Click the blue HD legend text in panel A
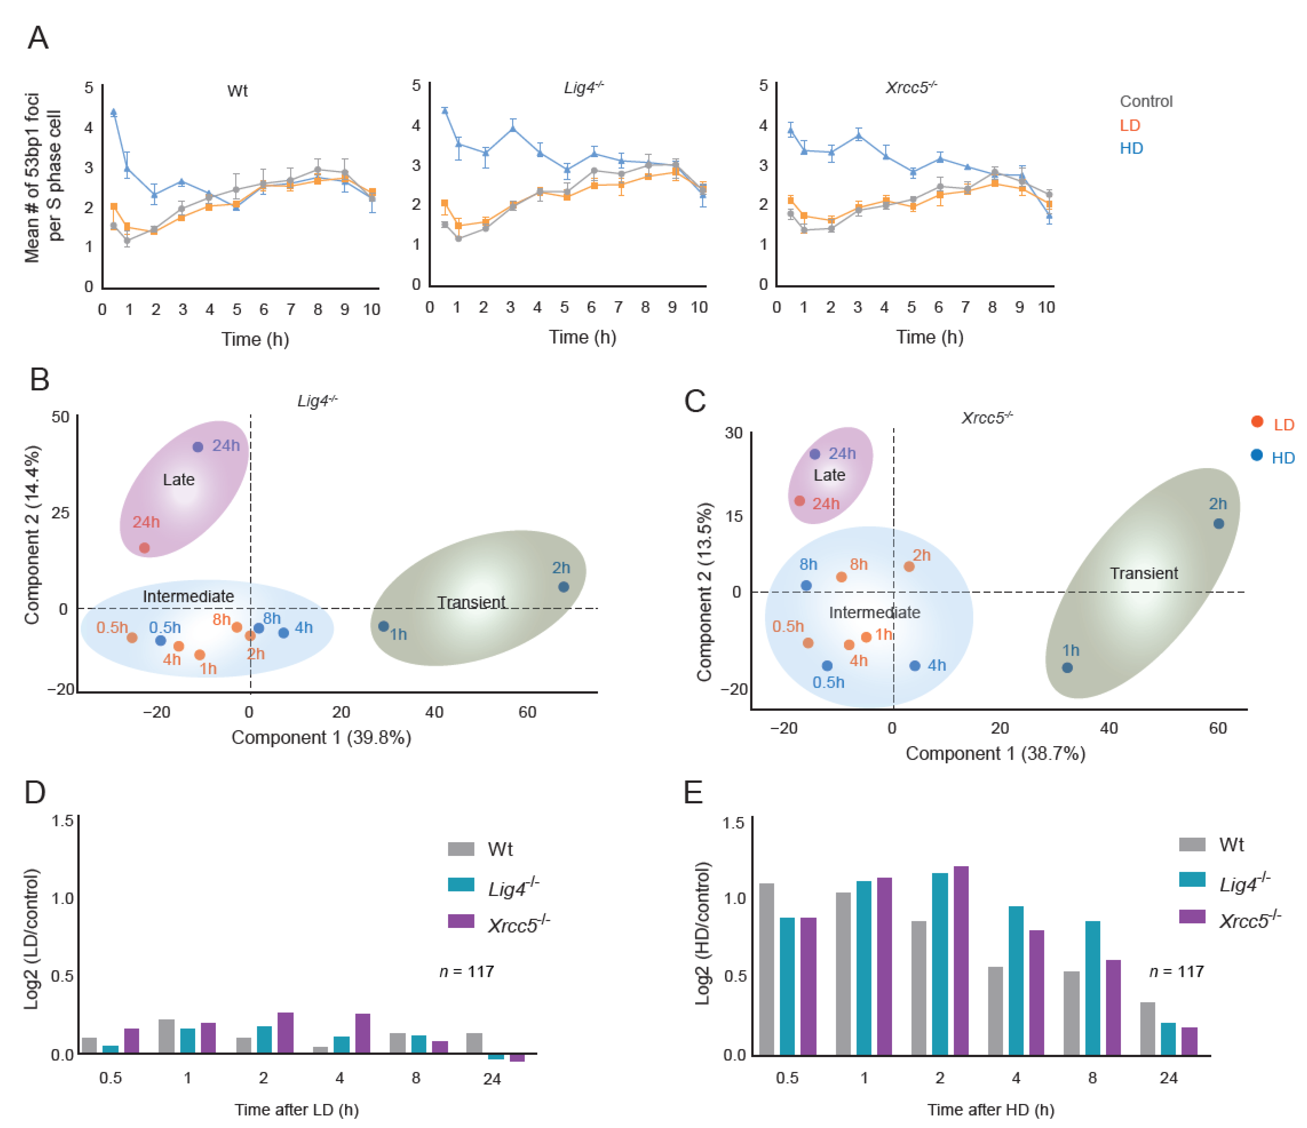(1131, 148)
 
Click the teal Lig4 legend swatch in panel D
(461, 884)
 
